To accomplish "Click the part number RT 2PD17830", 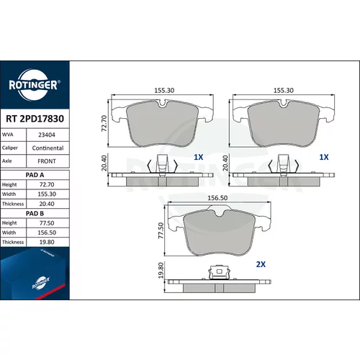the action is [35, 119].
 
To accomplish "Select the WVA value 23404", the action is [47, 135].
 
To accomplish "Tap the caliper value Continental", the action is [48, 148].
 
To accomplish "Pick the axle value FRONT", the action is [47, 161].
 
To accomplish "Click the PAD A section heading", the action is [35, 175].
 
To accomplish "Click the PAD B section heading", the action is [35, 213].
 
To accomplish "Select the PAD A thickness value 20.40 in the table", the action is [47, 204].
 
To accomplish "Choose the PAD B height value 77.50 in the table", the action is [47, 223].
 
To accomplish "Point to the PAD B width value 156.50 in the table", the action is [47, 233].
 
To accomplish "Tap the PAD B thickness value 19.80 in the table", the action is [47, 242].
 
